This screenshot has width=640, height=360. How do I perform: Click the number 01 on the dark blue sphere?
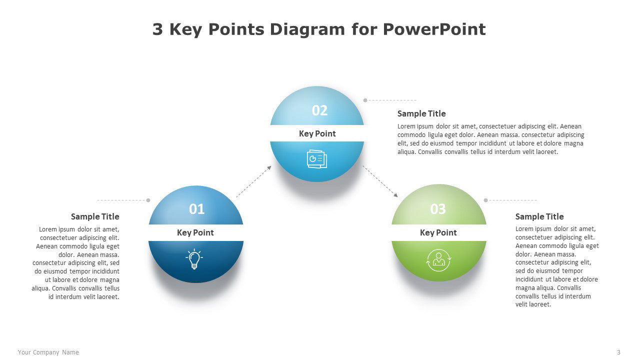click(x=196, y=209)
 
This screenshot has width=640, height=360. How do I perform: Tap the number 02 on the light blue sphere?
click(x=319, y=110)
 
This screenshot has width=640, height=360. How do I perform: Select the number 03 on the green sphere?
click(x=438, y=209)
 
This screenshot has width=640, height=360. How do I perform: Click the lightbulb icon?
click(x=194, y=259)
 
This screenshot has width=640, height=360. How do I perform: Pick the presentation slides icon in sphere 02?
click(x=316, y=158)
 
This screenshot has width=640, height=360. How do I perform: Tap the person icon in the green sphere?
click(x=438, y=259)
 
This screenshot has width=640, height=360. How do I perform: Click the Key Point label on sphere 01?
click(x=195, y=232)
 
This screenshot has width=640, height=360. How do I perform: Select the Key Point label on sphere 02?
click(x=317, y=133)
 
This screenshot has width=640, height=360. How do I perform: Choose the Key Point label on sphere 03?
click(x=438, y=232)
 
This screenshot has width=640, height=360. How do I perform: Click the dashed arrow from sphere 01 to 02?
click(x=253, y=181)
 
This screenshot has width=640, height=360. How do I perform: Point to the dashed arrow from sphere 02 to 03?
click(x=380, y=181)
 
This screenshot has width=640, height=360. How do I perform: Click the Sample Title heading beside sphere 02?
click(x=421, y=113)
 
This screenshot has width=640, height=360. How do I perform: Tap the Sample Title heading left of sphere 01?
click(x=95, y=216)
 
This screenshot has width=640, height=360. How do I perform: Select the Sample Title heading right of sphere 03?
click(x=539, y=216)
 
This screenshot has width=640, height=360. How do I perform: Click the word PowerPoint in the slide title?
click(x=434, y=29)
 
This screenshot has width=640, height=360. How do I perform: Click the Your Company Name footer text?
click(x=48, y=352)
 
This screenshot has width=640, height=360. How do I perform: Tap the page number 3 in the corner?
click(x=618, y=352)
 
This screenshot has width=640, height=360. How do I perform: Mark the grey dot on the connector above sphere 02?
click(x=365, y=100)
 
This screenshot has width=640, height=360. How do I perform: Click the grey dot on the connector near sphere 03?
click(x=485, y=200)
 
